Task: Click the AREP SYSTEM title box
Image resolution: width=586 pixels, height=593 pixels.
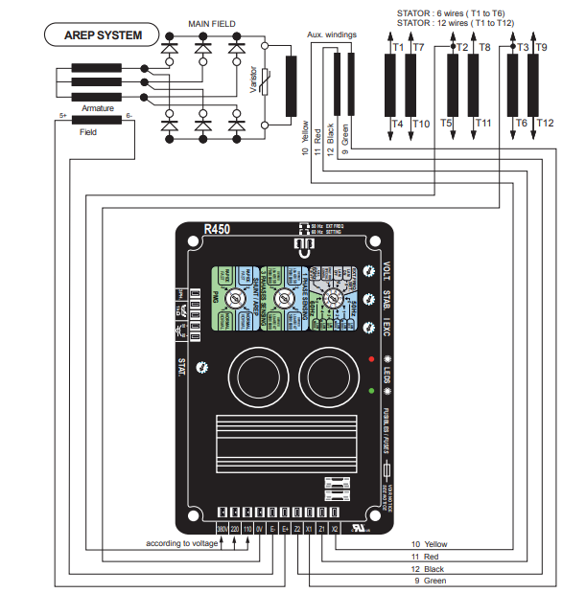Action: click(103, 36)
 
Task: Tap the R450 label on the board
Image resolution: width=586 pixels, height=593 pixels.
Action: click(217, 230)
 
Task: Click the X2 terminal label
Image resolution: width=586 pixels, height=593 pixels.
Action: click(335, 528)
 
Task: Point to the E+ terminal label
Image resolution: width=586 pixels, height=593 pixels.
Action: click(286, 528)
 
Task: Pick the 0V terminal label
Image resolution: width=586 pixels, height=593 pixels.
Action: click(259, 528)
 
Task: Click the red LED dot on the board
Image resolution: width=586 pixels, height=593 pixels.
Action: click(370, 358)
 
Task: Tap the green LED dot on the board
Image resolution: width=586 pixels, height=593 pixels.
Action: click(370, 391)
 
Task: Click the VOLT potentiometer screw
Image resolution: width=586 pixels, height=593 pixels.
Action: click(369, 270)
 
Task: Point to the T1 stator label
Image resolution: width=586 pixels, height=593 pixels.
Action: click(398, 46)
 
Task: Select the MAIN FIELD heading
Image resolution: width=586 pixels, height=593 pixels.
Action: click(212, 23)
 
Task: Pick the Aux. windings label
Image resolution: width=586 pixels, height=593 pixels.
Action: click(332, 34)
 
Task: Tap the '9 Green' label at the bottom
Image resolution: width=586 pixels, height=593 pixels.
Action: click(429, 581)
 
